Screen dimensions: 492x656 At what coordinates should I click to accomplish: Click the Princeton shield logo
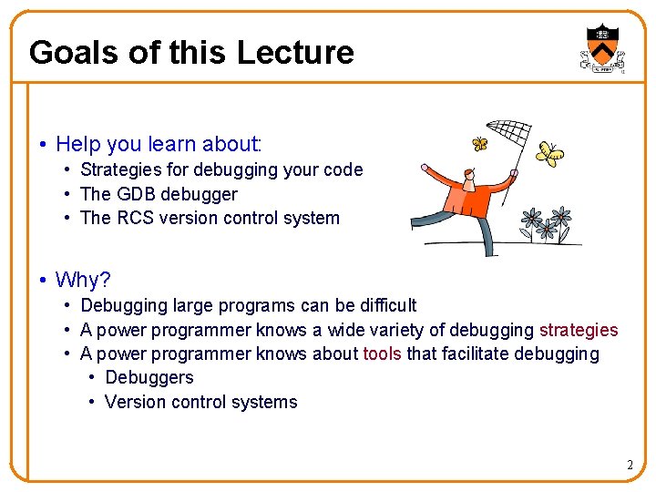[601, 46]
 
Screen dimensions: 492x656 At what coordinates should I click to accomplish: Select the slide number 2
[629, 466]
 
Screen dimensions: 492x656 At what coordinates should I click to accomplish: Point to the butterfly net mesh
[508, 136]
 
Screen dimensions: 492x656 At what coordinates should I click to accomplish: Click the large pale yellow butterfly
[548, 155]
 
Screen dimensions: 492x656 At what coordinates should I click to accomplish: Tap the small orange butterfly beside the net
[479, 144]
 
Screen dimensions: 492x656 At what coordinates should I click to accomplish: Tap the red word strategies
[579, 330]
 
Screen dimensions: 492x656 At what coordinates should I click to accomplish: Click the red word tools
[382, 354]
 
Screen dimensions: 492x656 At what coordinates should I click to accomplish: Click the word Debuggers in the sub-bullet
[149, 377]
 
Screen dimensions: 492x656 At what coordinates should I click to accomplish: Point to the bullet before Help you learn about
[43, 145]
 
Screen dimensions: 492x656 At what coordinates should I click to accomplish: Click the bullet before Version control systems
[93, 402]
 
